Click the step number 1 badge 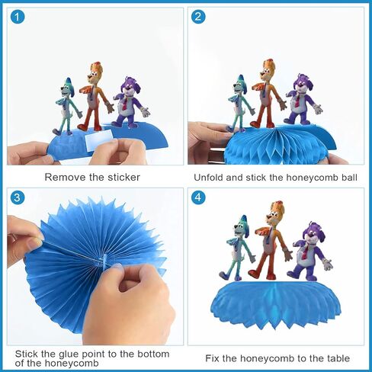(x=18, y=18)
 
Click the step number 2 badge (x=198, y=17)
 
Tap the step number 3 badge (x=18, y=197)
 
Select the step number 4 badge (x=198, y=197)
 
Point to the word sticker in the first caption (x=123, y=177)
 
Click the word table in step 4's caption (x=338, y=358)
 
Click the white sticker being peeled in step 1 (x=98, y=139)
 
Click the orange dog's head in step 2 (x=268, y=70)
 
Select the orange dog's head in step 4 (x=275, y=213)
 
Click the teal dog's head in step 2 (x=239, y=85)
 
